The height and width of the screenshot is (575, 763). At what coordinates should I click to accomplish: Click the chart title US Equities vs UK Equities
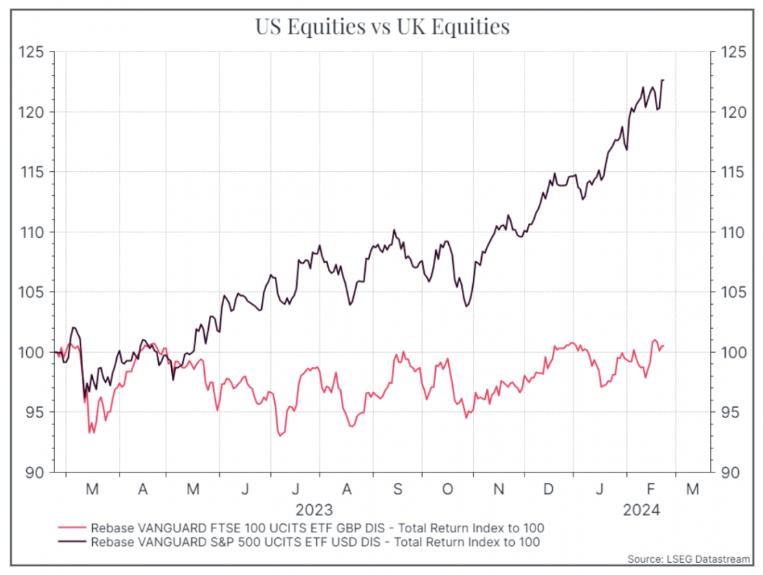pyautogui.click(x=382, y=26)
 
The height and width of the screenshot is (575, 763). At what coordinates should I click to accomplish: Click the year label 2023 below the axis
pyautogui.click(x=314, y=510)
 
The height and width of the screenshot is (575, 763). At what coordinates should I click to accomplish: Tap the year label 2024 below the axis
pyautogui.click(x=641, y=510)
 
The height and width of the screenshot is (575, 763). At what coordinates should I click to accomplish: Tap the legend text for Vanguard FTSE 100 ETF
pyautogui.click(x=317, y=528)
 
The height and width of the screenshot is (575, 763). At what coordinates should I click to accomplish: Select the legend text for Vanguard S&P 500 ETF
pyautogui.click(x=315, y=542)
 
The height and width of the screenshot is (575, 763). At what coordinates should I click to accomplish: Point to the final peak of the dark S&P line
pyautogui.click(x=663, y=80)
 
